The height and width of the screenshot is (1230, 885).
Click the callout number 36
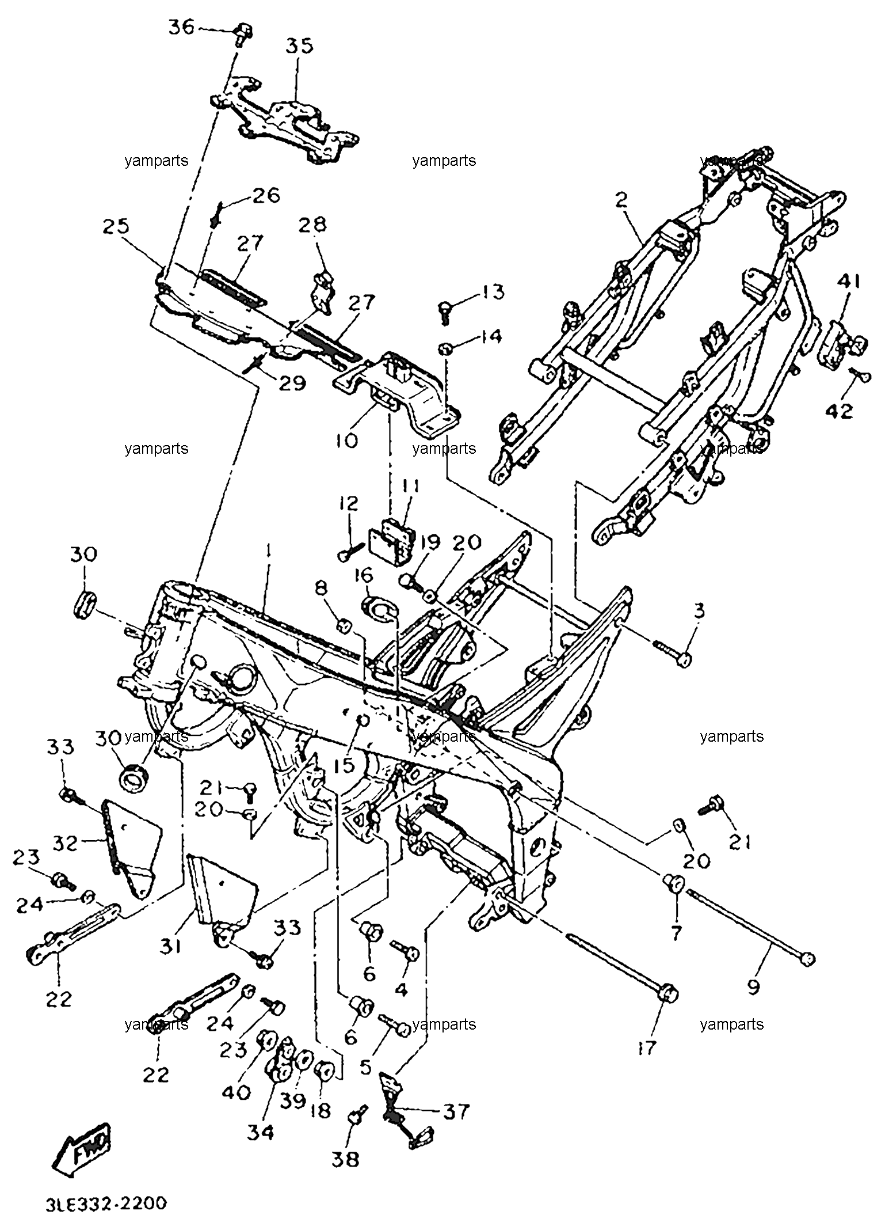[x=182, y=27]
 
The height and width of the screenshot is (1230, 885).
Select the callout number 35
[x=299, y=45]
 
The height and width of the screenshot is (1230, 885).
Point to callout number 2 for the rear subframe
[x=621, y=200]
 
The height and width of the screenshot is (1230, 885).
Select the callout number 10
[x=345, y=441]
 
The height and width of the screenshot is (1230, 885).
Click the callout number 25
[x=117, y=226]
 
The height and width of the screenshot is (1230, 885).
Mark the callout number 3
[x=699, y=611]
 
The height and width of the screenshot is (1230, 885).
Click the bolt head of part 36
[x=243, y=28]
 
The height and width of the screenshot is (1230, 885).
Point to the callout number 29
[x=292, y=383]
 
